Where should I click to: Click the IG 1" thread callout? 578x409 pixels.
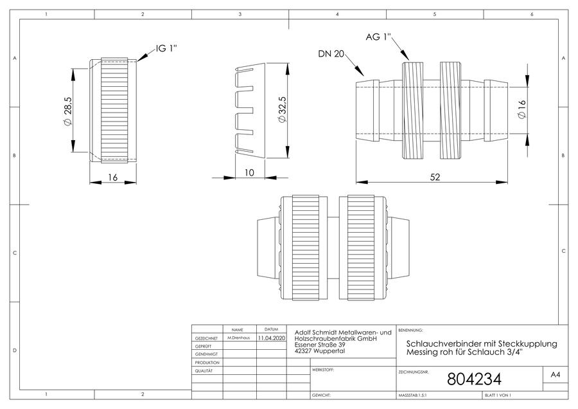coord(166,48)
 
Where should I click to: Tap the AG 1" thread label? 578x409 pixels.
coord(378,37)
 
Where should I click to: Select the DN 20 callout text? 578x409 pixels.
coord(331,54)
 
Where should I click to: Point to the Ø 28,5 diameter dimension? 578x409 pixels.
coord(68,111)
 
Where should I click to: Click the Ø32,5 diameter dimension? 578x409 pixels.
coord(282,109)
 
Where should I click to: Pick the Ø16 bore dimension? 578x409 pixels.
coord(522,109)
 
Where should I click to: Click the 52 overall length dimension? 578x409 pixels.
coord(435,177)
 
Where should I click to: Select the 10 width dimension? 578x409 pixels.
coord(250,173)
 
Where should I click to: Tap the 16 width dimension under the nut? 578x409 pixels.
coord(112,177)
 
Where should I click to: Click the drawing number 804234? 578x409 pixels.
coord(474,379)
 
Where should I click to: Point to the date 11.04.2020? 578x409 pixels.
coord(271,338)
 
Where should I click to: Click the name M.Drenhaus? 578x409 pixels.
coord(238,338)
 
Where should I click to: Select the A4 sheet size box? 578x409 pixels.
coord(555,375)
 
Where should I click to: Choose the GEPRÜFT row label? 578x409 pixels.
coord(203,347)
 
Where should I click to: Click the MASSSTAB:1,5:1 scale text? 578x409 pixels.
coord(412,395)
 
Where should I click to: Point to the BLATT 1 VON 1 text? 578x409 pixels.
coord(498,395)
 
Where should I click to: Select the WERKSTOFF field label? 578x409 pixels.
coord(323,370)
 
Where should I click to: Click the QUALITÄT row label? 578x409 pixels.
coord(204,370)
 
